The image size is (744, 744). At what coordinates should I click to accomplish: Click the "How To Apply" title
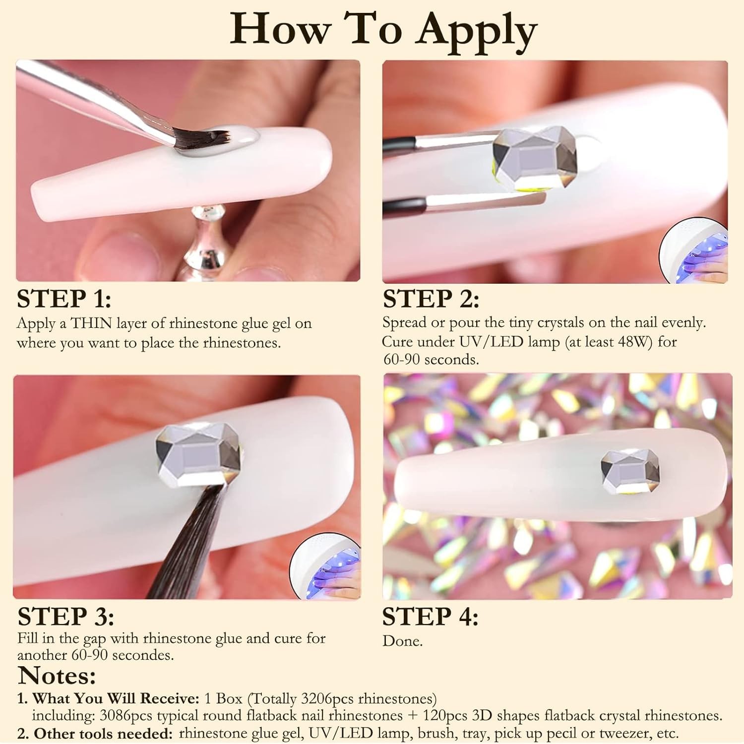click(383, 29)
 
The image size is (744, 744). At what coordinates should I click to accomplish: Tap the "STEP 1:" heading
click(64, 299)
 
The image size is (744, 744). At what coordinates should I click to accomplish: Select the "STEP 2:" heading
click(431, 299)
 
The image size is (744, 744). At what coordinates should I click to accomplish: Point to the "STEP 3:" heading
click(66, 617)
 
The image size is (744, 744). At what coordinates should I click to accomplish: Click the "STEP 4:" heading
click(430, 617)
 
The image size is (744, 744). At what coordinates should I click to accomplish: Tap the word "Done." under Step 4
click(402, 641)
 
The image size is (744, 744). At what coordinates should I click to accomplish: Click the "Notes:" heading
click(57, 676)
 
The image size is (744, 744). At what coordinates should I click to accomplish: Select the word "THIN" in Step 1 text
click(92, 323)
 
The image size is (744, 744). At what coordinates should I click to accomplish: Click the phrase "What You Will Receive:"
click(116, 698)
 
